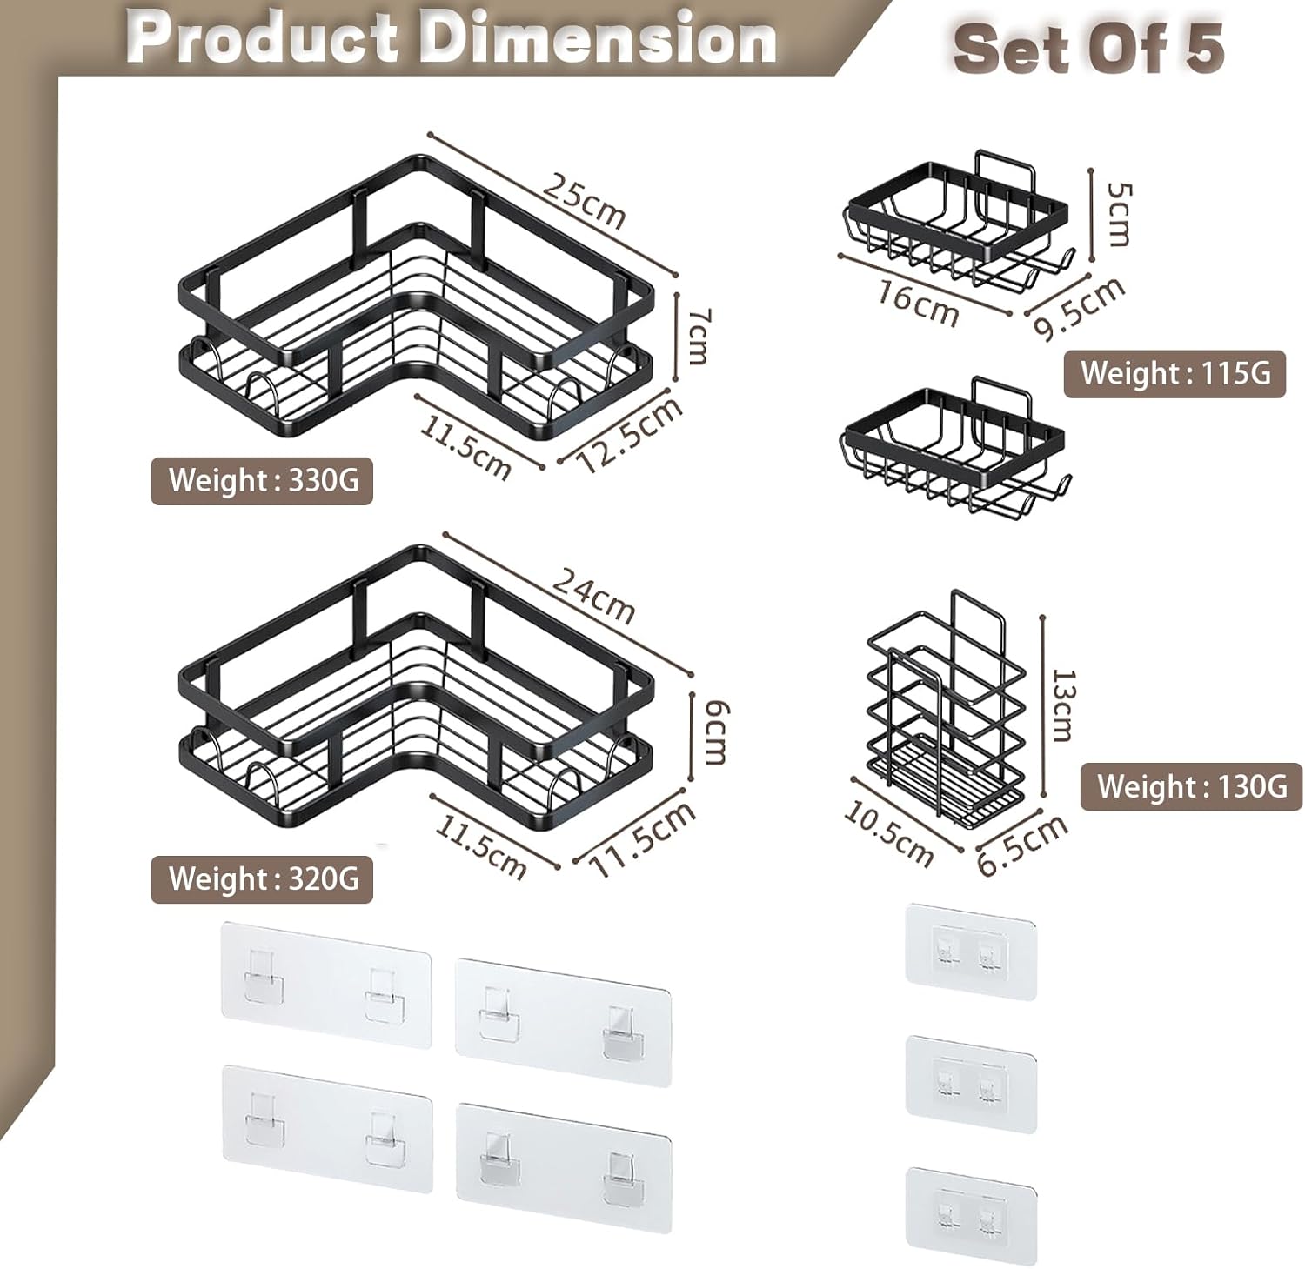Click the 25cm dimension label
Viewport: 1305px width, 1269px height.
pyautogui.click(x=584, y=200)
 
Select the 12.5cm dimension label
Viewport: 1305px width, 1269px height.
pyautogui.click(x=630, y=435)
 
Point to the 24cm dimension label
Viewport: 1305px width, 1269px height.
pyautogui.click(x=594, y=595)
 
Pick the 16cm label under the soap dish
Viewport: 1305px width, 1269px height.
pyautogui.click(x=917, y=303)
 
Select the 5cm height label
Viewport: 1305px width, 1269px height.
pyautogui.click(x=1119, y=214)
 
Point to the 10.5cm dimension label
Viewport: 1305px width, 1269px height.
pyautogui.click(x=889, y=834)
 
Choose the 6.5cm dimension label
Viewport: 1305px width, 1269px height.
pyautogui.click(x=1022, y=845)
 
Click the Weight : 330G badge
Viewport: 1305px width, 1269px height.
pyautogui.click(x=262, y=480)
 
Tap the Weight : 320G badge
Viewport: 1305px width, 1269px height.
pyautogui.click(x=262, y=878)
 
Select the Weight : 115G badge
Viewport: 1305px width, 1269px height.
pyautogui.click(x=1174, y=374)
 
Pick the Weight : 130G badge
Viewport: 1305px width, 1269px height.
pyautogui.click(x=1191, y=787)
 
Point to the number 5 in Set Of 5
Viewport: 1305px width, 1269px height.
pyautogui.click(x=1204, y=49)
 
